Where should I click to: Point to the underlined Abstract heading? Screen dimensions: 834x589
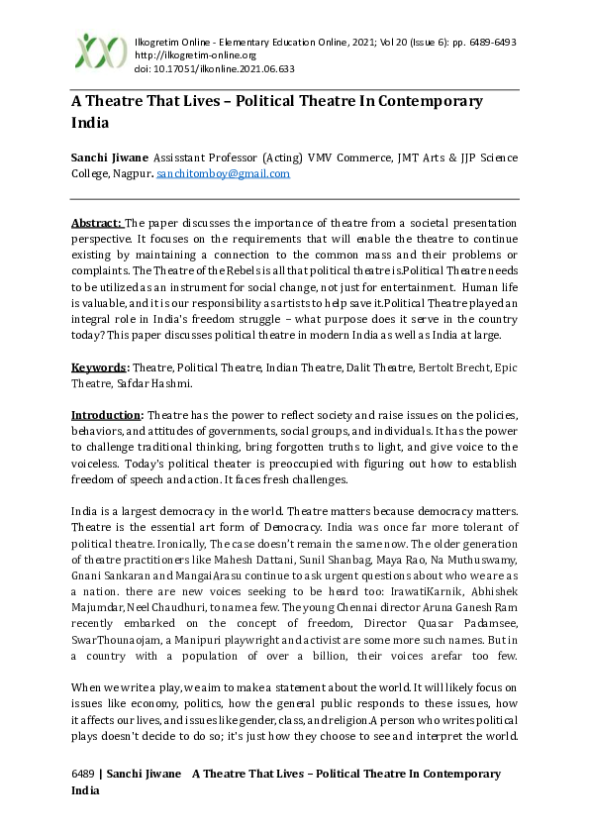[x=96, y=225]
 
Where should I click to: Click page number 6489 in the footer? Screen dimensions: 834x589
[x=83, y=774]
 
